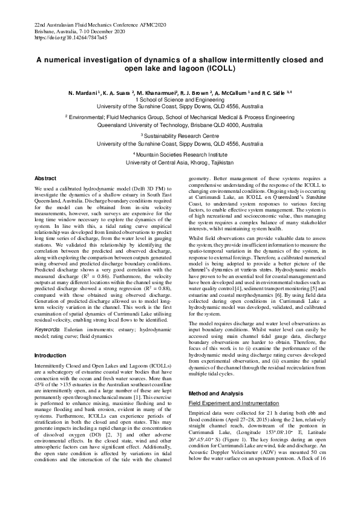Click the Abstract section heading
click(45, 179)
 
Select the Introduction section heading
click(50, 355)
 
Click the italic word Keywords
click(47, 329)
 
